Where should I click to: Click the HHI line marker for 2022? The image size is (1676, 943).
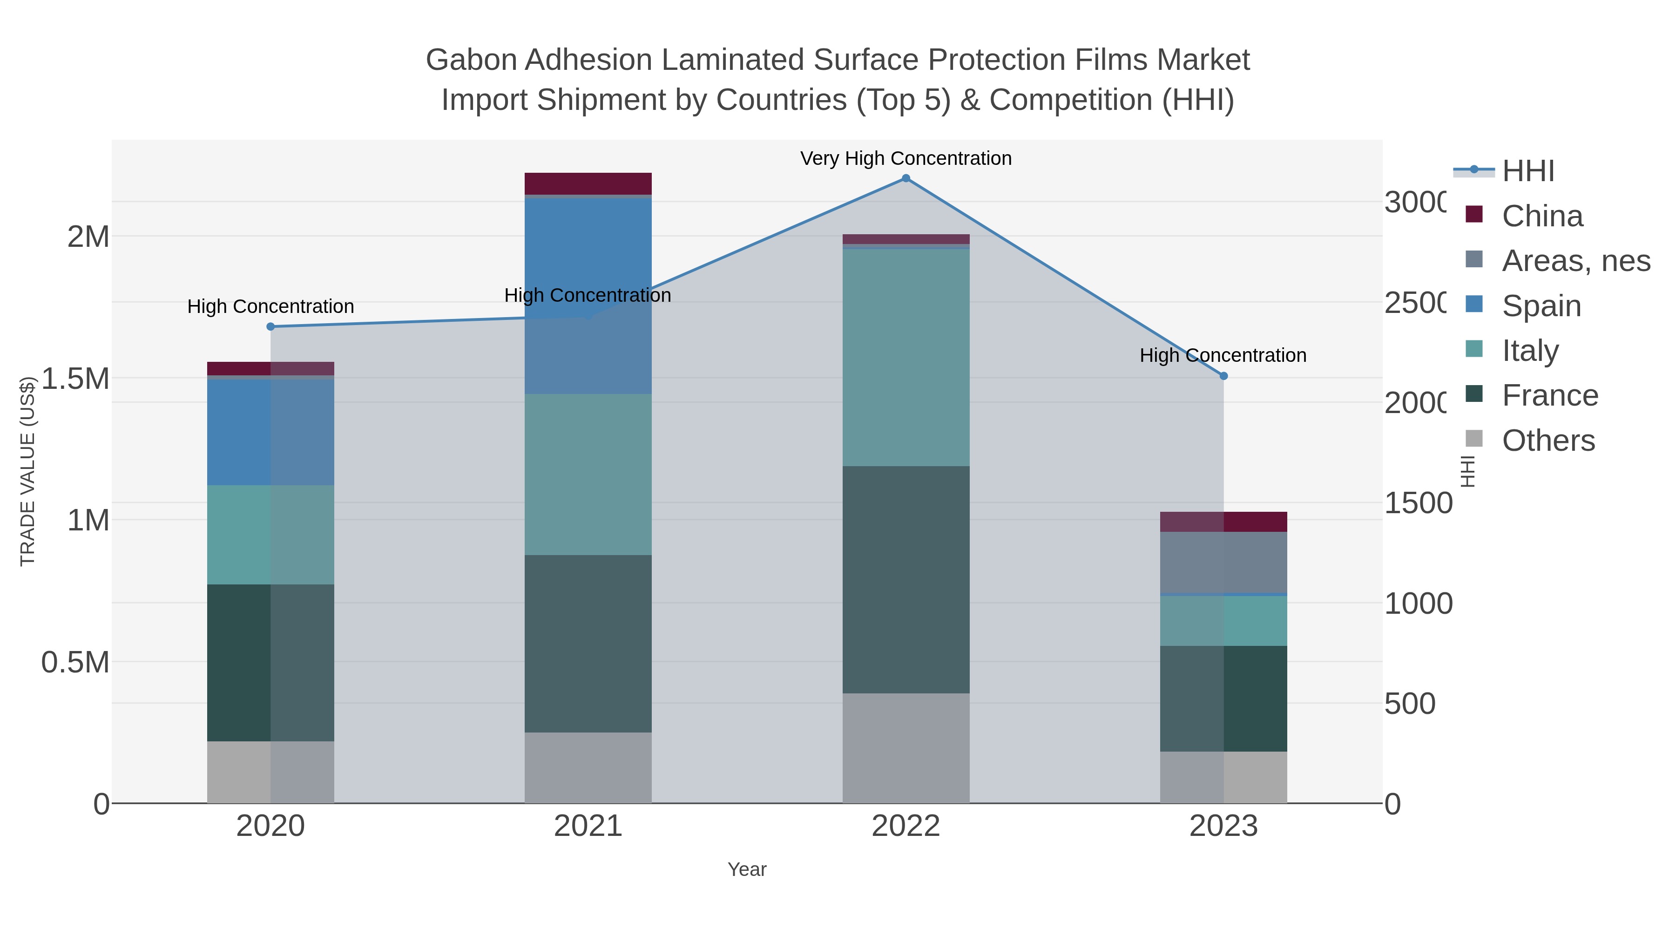pos(906,178)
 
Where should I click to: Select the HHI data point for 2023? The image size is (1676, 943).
pos(1223,376)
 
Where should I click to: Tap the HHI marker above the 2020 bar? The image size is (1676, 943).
pos(270,327)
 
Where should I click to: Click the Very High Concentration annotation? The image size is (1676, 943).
pos(906,158)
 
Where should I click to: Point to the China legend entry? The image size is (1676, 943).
pos(1542,216)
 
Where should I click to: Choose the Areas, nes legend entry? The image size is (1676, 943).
pos(1575,261)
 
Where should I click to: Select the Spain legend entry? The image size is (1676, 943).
pos(1541,306)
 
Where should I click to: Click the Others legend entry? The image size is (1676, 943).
pos(1548,441)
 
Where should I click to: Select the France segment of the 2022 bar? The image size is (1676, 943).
pos(906,579)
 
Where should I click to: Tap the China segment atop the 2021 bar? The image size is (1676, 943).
pos(588,183)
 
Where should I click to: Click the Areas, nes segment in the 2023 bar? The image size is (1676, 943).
pos(1223,562)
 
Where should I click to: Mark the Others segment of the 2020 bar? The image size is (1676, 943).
pos(270,772)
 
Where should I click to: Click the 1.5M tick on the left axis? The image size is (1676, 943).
pos(75,379)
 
